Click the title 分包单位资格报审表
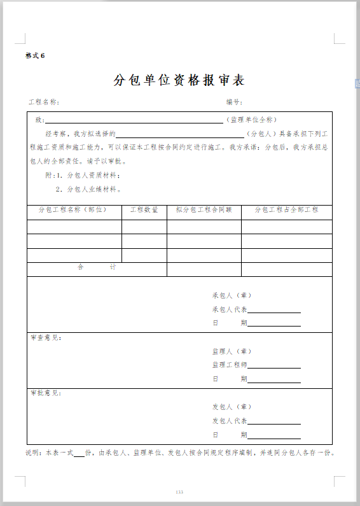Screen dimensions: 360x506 pyautogui.click(x=179, y=80)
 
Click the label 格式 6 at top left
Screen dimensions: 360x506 pyautogui.click(x=35, y=55)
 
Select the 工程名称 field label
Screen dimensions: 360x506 pyautogui.click(x=43, y=102)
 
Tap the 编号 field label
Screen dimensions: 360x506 pyautogui.click(x=233, y=102)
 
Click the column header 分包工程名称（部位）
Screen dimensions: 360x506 pyautogui.click(x=73, y=209)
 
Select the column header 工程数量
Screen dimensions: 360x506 pyautogui.click(x=144, y=209)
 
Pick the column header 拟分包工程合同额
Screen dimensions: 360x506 pyautogui.click(x=204, y=209)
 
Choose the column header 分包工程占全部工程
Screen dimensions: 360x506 pyautogui.click(x=286, y=209)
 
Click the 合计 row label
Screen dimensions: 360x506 pyautogui.click(x=96, y=267)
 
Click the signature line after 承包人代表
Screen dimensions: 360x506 pyautogui.click(x=274, y=311)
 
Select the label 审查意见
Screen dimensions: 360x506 pyautogui.click(x=46, y=337)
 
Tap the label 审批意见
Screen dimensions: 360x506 pyautogui.click(x=46, y=393)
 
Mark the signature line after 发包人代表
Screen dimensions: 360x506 pyautogui.click(x=274, y=423)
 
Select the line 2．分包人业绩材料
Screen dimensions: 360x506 pyautogui.click(x=88, y=189)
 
